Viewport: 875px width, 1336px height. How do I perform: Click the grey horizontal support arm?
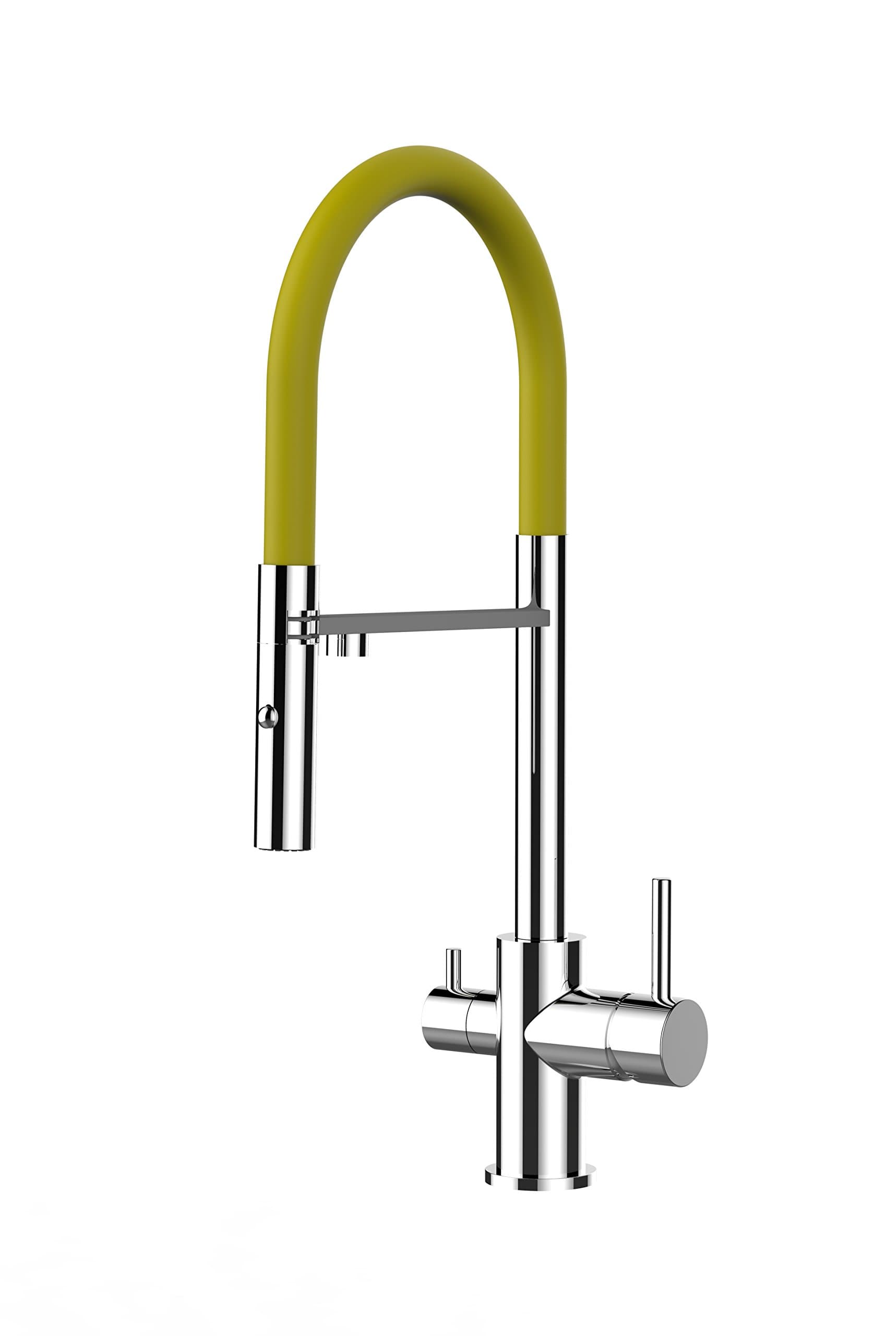[421, 618]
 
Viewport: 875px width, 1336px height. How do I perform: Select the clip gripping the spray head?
[303, 625]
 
